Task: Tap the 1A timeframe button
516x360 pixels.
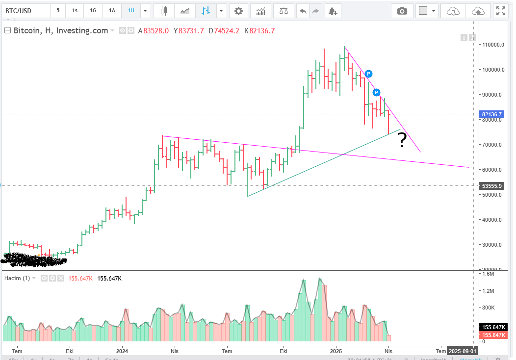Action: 112,10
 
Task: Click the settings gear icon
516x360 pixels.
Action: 238,10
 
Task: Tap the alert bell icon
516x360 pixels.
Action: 333,10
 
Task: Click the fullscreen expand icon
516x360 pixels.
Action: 500,10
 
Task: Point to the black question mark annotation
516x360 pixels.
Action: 402,140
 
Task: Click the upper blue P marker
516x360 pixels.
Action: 368,74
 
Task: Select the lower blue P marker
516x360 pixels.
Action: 376,92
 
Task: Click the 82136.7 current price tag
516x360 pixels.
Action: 492,114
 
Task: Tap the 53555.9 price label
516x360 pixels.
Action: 492,186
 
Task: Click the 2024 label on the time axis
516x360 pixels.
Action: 122,351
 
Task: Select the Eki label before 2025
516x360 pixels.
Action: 283,351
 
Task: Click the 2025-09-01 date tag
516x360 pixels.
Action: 462,351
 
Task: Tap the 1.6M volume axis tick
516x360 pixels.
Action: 488,274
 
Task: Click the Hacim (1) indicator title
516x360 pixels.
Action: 17,278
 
